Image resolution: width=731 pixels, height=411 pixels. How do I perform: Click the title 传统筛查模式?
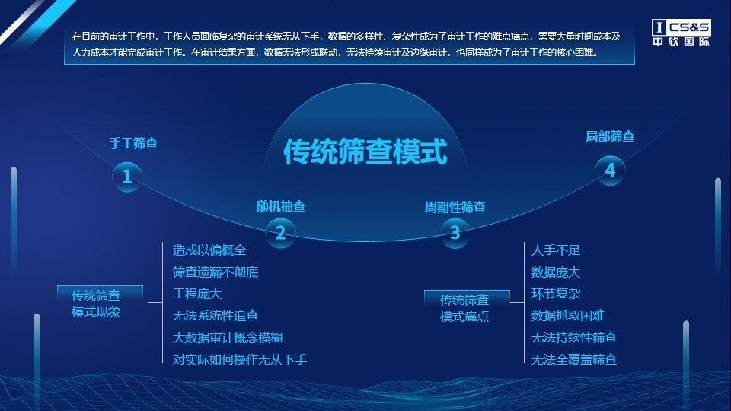365,151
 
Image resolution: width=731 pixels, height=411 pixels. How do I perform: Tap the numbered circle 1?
127,177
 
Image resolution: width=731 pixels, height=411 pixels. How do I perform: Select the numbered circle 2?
281,233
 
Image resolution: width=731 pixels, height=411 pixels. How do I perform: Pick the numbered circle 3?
455,233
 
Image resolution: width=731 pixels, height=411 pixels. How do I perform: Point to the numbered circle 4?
610,170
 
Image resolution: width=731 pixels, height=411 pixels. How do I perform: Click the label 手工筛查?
133,143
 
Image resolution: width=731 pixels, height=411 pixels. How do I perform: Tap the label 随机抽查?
281,206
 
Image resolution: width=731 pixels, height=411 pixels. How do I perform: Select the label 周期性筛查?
455,207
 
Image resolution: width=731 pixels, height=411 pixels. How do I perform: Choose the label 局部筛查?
610,136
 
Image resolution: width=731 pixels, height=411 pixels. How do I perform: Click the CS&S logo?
681,32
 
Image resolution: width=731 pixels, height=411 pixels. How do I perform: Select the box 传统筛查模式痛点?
467,307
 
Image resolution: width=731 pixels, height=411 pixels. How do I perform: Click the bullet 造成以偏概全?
209,250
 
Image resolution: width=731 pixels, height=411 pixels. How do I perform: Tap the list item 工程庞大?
197,294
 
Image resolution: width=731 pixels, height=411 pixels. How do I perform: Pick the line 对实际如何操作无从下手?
240,359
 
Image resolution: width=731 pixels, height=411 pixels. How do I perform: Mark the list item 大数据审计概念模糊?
228,337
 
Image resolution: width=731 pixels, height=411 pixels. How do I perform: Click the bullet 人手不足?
556,250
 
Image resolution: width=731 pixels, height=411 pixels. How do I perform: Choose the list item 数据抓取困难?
568,315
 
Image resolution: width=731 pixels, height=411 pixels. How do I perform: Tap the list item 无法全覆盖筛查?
574,359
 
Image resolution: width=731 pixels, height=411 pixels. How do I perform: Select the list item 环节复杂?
556,294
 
